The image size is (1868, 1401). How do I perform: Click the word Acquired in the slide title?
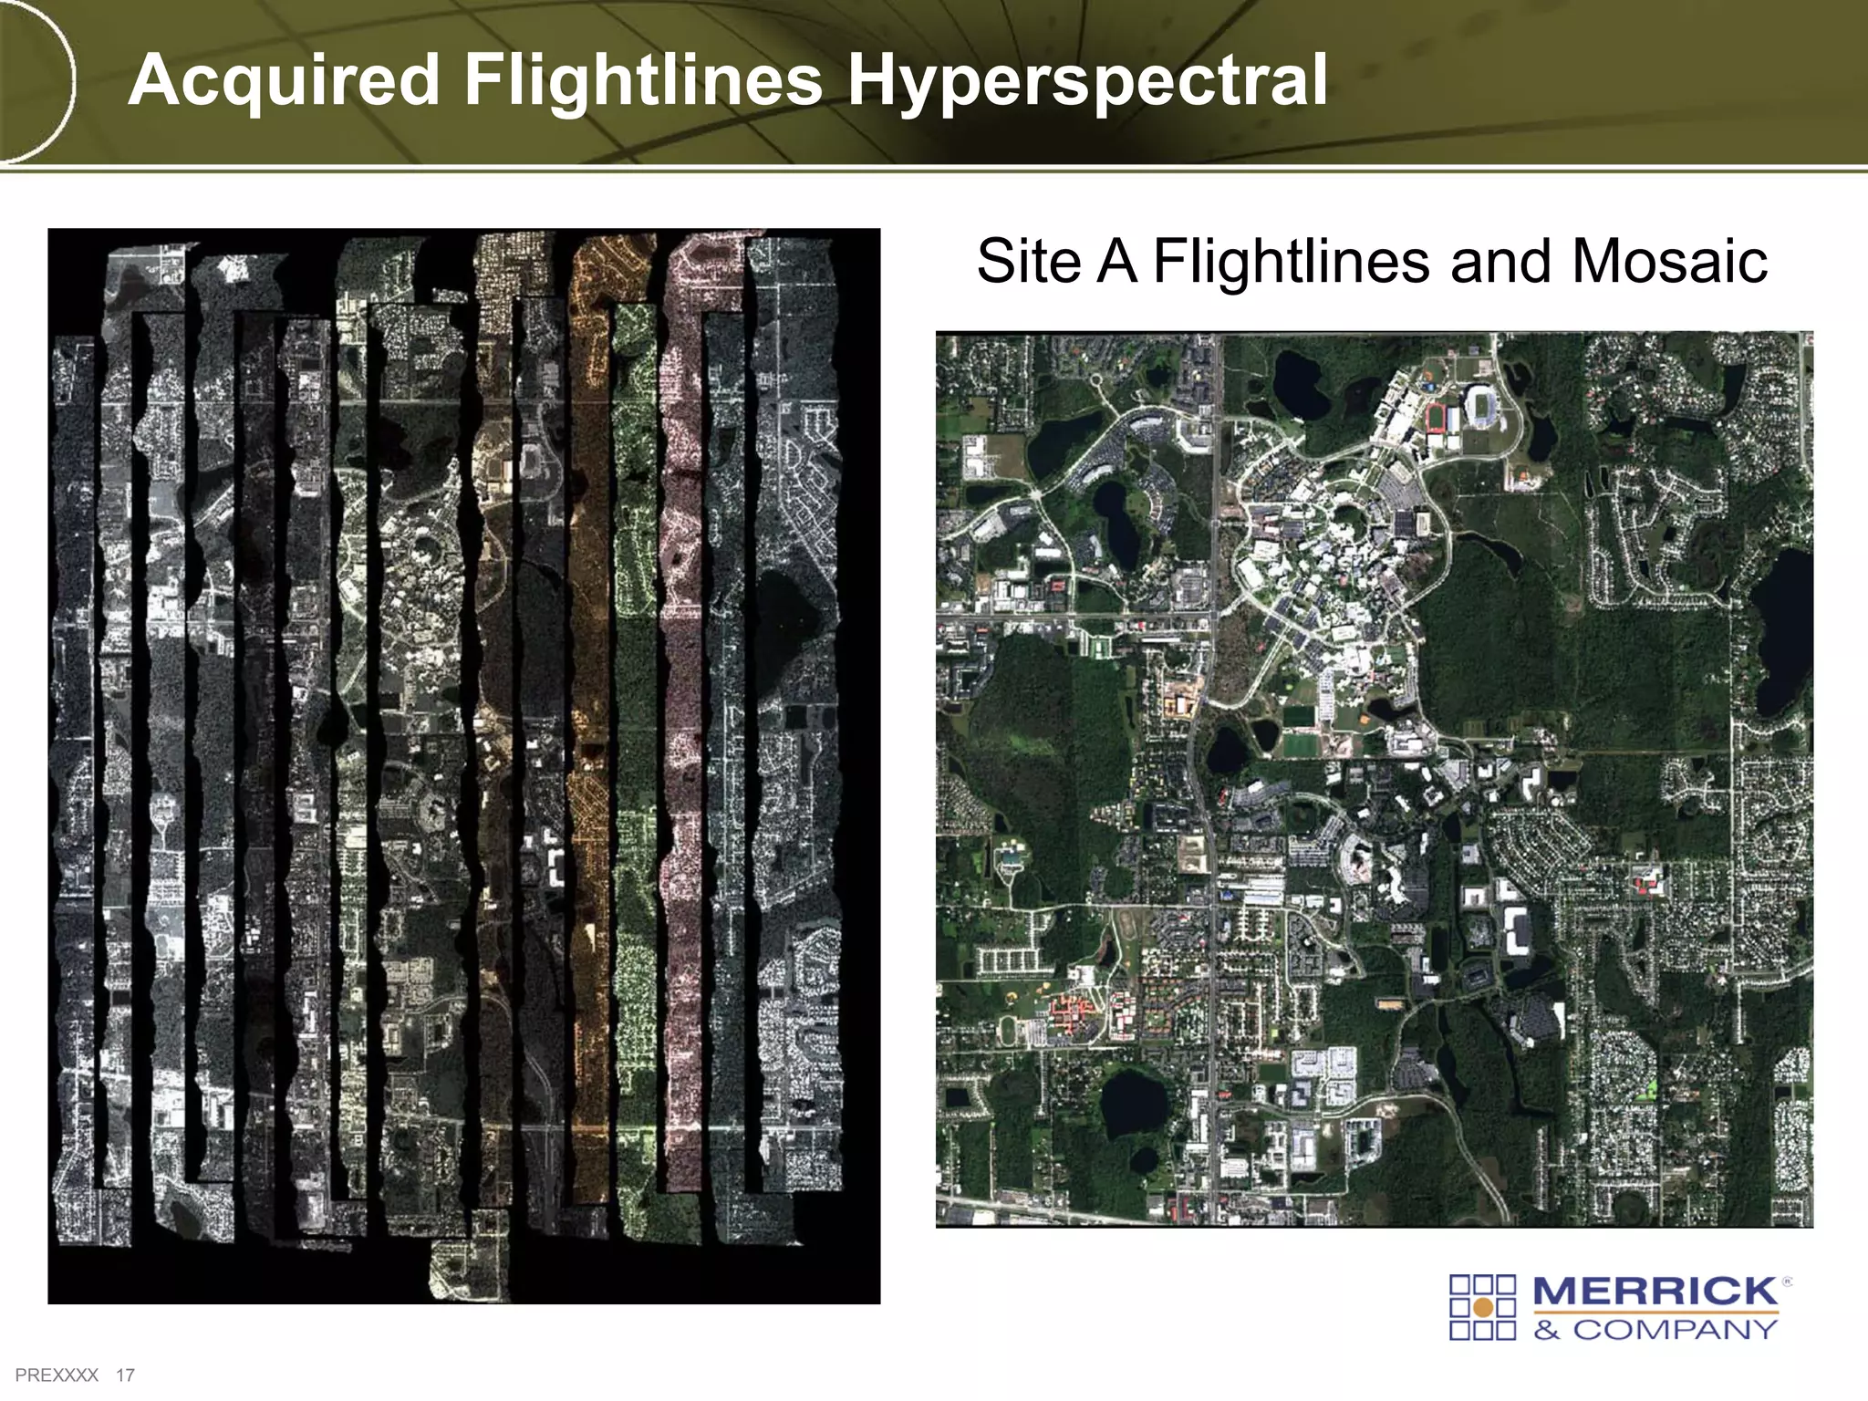pyautogui.click(x=285, y=82)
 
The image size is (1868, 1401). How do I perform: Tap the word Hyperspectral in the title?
pyautogui.click(x=1087, y=82)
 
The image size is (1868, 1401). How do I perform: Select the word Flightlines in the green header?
pyautogui.click(x=644, y=80)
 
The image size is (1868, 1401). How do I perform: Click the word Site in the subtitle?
pyautogui.click(x=1030, y=262)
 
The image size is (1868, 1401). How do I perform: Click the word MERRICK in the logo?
pyautogui.click(x=1655, y=1292)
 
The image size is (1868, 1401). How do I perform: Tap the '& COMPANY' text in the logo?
pyautogui.click(x=1655, y=1329)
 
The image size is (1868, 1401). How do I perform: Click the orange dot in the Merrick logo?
pyautogui.click(x=1483, y=1307)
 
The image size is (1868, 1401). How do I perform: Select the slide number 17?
pyautogui.click(x=125, y=1375)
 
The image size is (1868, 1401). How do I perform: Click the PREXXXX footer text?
pyautogui.click(x=57, y=1375)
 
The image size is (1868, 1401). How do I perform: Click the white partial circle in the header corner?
pyautogui.click(x=41, y=82)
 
